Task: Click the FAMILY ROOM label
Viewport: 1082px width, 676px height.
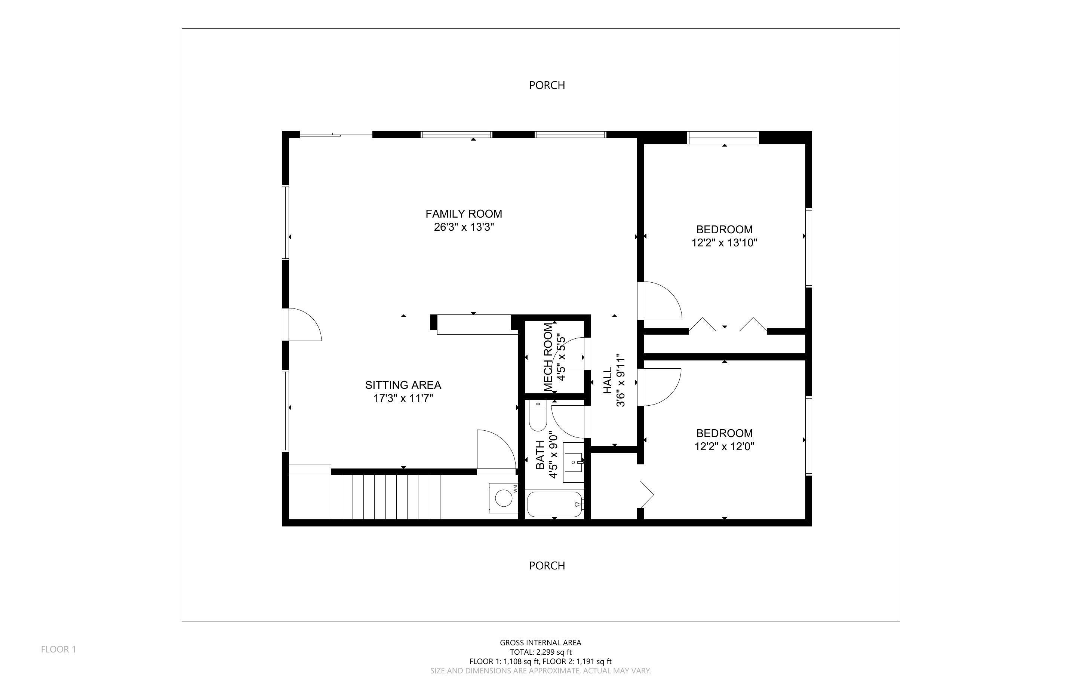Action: click(464, 214)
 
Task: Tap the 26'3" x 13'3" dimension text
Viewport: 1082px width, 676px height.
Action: click(464, 227)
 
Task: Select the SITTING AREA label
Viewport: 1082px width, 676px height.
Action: click(403, 385)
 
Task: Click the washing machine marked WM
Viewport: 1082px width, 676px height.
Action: click(503, 498)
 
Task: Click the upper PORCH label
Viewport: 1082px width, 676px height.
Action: click(547, 85)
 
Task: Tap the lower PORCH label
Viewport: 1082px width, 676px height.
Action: click(547, 566)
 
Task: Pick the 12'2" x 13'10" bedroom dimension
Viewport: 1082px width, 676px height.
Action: click(724, 243)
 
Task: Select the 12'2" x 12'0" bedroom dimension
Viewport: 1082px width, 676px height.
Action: click(724, 446)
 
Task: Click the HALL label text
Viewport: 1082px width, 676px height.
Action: click(608, 381)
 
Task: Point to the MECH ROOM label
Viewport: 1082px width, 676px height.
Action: click(548, 358)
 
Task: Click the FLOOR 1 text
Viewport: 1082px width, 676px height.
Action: click(59, 649)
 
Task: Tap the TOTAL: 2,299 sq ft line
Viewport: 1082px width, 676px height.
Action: click(540, 652)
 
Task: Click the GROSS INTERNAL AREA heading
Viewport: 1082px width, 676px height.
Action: click(540, 642)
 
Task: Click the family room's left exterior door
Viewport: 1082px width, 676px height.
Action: click(303, 325)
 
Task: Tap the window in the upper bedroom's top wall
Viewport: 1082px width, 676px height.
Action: click(723, 138)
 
